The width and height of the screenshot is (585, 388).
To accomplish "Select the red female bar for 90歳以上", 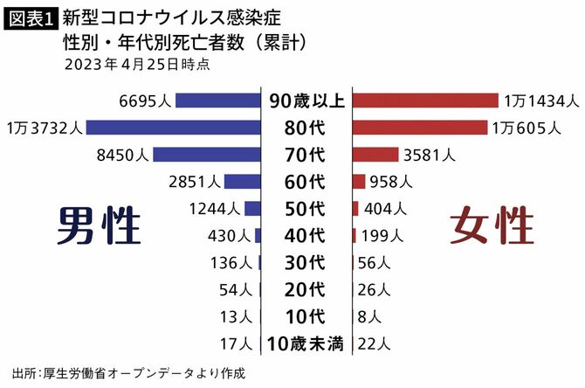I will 425,100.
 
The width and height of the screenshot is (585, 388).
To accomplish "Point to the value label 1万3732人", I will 44,128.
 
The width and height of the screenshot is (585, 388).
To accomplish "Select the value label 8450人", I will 125,155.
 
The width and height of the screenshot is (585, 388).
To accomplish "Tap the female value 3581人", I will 430,155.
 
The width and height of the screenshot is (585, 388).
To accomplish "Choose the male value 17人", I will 238,343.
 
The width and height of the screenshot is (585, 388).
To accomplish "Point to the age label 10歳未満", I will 306,343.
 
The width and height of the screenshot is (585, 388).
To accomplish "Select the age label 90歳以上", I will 306,100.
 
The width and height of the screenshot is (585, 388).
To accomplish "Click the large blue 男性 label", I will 99,225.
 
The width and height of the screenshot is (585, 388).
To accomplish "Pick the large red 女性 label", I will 492,225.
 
